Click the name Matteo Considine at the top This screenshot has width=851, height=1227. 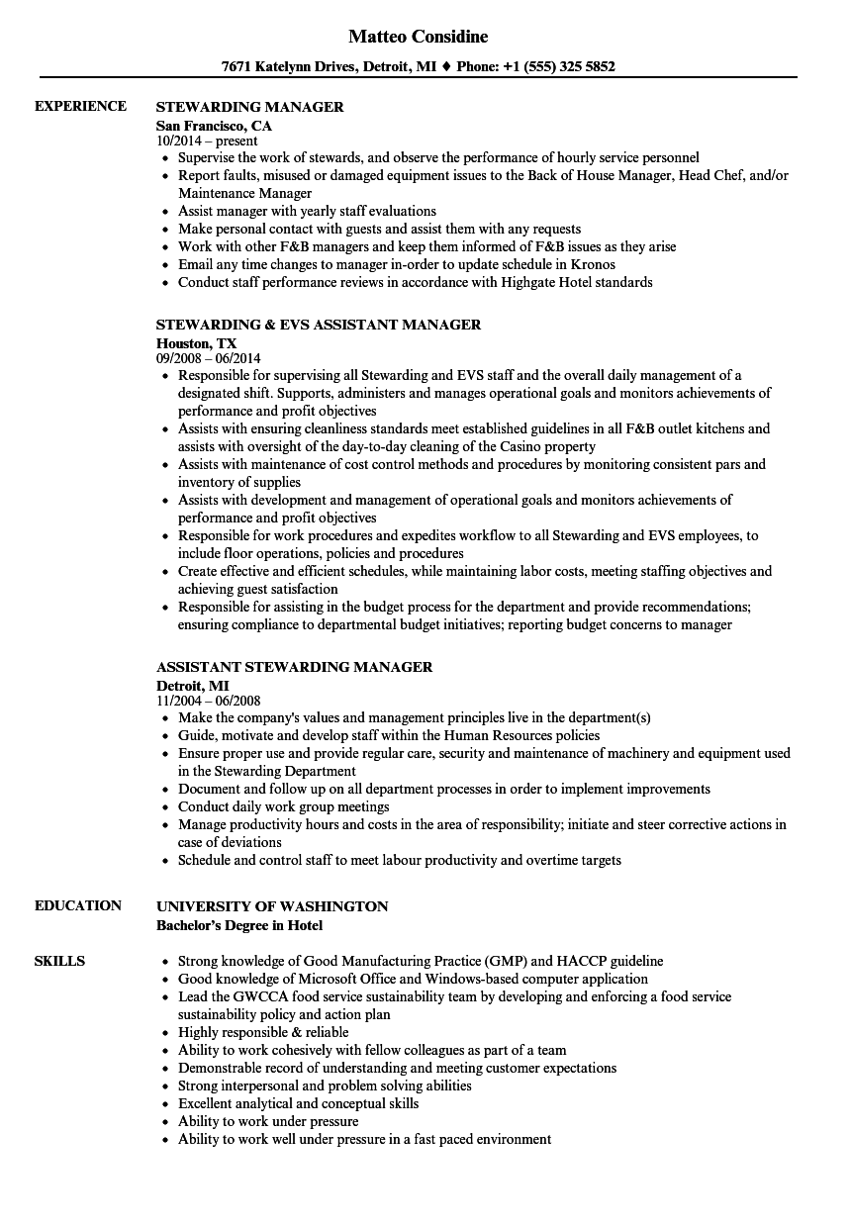tap(419, 37)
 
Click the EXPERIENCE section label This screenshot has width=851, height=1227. tap(80, 106)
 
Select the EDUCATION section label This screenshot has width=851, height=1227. tap(78, 905)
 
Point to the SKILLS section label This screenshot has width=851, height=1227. tap(59, 961)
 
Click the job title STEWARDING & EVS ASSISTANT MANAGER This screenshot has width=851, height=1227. tap(319, 325)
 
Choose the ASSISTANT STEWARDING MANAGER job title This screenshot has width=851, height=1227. tap(294, 667)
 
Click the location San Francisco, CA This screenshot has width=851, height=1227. tap(214, 126)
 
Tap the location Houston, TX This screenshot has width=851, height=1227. tap(196, 343)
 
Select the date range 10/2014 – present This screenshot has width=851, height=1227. tap(207, 141)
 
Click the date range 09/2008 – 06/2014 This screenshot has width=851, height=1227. tap(208, 358)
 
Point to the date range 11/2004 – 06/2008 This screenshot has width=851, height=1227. tap(208, 701)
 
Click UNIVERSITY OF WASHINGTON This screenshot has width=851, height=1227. tap(272, 906)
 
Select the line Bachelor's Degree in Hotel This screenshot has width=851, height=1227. tap(239, 925)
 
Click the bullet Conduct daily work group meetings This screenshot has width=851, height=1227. tap(283, 806)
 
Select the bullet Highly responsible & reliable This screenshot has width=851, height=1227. tap(263, 1032)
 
